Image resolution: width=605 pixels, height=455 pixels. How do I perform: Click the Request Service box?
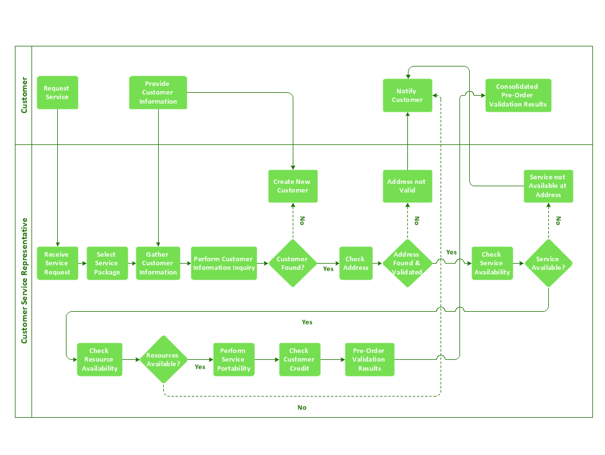[x=57, y=93]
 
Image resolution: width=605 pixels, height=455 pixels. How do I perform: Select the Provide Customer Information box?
[x=158, y=93]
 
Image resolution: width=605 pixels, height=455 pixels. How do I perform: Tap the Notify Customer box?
[x=407, y=96]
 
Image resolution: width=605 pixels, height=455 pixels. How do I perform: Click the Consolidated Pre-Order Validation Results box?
[x=518, y=96]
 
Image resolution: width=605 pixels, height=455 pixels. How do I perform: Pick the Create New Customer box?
[x=293, y=186]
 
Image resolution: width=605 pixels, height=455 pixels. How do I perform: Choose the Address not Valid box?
[x=407, y=186]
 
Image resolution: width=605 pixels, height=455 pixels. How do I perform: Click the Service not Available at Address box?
[x=548, y=186]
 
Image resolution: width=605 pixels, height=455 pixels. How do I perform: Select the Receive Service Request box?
[x=57, y=264]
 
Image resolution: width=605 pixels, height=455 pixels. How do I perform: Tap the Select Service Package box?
[x=107, y=264]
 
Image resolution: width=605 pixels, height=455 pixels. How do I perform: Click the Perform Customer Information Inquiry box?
[x=223, y=264]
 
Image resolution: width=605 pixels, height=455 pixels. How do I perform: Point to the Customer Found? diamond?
[x=293, y=263]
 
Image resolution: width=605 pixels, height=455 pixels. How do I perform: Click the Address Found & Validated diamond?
[x=407, y=263]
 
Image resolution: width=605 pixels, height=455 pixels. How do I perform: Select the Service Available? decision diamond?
[x=548, y=263]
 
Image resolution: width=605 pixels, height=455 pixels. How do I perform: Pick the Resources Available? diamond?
[x=164, y=359]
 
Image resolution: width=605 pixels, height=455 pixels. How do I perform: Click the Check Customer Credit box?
[x=300, y=360]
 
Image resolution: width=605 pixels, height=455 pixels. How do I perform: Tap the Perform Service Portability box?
[x=234, y=360]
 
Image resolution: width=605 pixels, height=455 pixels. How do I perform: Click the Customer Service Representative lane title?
[x=24, y=281]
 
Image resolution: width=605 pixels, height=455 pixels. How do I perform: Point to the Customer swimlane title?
[x=24, y=95]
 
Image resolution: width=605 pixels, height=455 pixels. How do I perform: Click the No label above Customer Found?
[x=302, y=221]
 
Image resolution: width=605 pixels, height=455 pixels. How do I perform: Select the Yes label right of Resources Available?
[x=200, y=367]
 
